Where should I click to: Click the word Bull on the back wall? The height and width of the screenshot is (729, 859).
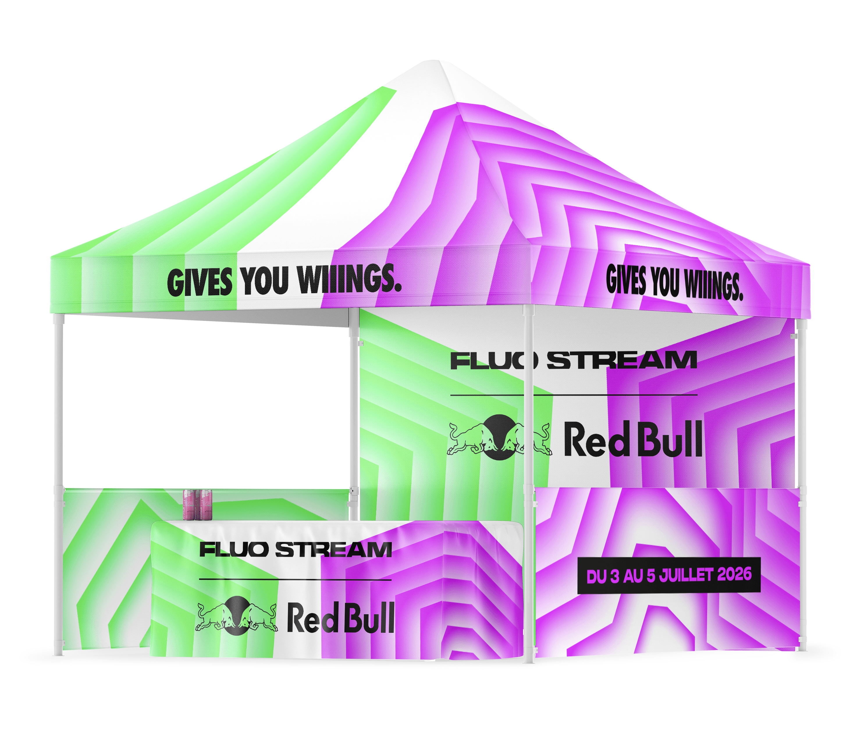tap(669, 440)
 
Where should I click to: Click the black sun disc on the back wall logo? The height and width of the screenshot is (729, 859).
tap(499, 437)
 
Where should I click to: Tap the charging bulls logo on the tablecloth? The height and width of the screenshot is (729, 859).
tap(236, 616)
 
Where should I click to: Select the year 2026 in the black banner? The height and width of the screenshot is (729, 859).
tap(734, 574)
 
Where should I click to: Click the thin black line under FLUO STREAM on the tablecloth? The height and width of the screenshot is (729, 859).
tap(295, 579)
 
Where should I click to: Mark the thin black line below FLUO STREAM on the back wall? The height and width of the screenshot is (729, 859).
tap(574, 395)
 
